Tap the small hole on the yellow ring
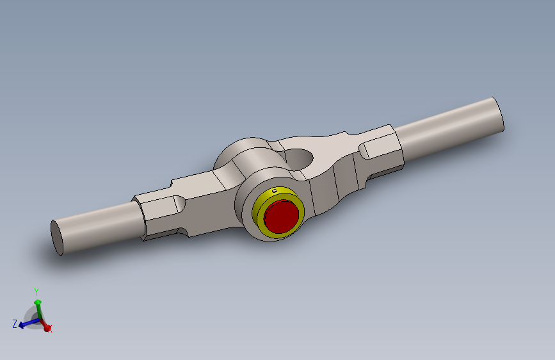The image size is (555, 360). [275, 190]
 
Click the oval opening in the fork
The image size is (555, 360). [299, 156]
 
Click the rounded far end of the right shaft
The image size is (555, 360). [498, 115]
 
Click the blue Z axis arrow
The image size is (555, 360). [26, 324]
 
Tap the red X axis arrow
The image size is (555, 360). [45, 327]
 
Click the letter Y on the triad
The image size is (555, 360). [36, 291]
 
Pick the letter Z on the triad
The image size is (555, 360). [14, 324]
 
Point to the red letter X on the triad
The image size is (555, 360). [51, 329]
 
